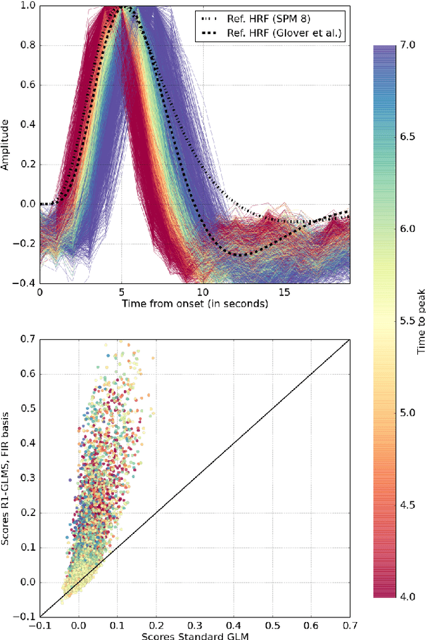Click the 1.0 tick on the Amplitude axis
coord(27,6)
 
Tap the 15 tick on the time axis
coord(285,293)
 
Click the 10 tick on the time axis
coord(203,293)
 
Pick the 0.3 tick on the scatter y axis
coord(27,479)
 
